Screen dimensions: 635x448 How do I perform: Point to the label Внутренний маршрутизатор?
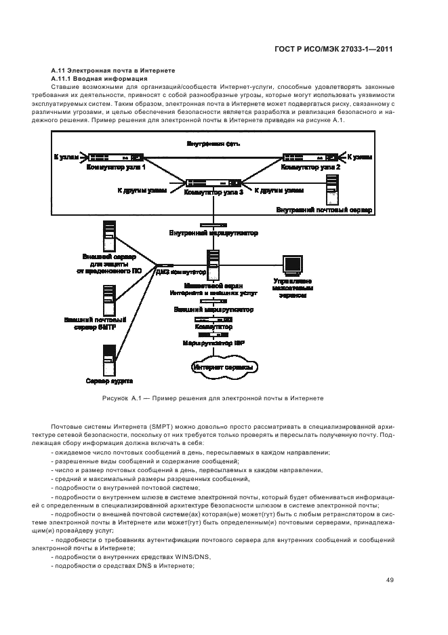(213, 233)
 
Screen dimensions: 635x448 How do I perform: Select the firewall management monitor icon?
(292, 265)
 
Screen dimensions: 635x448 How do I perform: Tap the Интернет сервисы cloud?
(224, 367)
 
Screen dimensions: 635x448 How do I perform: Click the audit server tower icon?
(109, 358)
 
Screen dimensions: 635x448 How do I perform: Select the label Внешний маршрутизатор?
(213, 309)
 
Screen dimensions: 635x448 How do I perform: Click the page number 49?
(390, 579)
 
